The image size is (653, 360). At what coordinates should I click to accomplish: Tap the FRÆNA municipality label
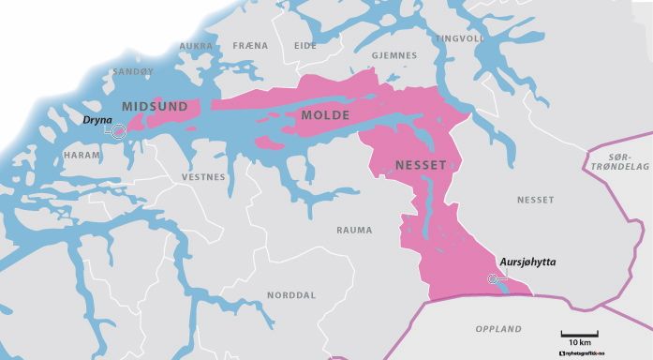coord(249,46)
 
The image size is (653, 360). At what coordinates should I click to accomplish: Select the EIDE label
coord(305,45)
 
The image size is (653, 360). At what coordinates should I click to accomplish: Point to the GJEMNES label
coord(393,55)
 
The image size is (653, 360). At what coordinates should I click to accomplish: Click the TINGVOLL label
coord(460,38)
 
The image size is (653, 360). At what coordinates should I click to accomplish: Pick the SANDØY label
coord(132,71)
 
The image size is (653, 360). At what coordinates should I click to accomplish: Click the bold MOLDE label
coord(325,115)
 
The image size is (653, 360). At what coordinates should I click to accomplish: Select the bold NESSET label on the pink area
coord(420,165)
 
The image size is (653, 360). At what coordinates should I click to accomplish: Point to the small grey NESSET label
coord(535,200)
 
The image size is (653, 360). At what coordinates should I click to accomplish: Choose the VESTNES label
coord(203,177)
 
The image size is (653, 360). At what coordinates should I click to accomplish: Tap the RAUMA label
coord(354,230)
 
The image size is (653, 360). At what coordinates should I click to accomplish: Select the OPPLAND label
coord(497,329)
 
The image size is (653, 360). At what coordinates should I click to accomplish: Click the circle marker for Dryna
coord(119,133)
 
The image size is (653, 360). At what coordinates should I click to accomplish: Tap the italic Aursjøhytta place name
coord(527,262)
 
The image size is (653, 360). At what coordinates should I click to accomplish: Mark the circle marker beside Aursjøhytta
coord(494,278)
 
